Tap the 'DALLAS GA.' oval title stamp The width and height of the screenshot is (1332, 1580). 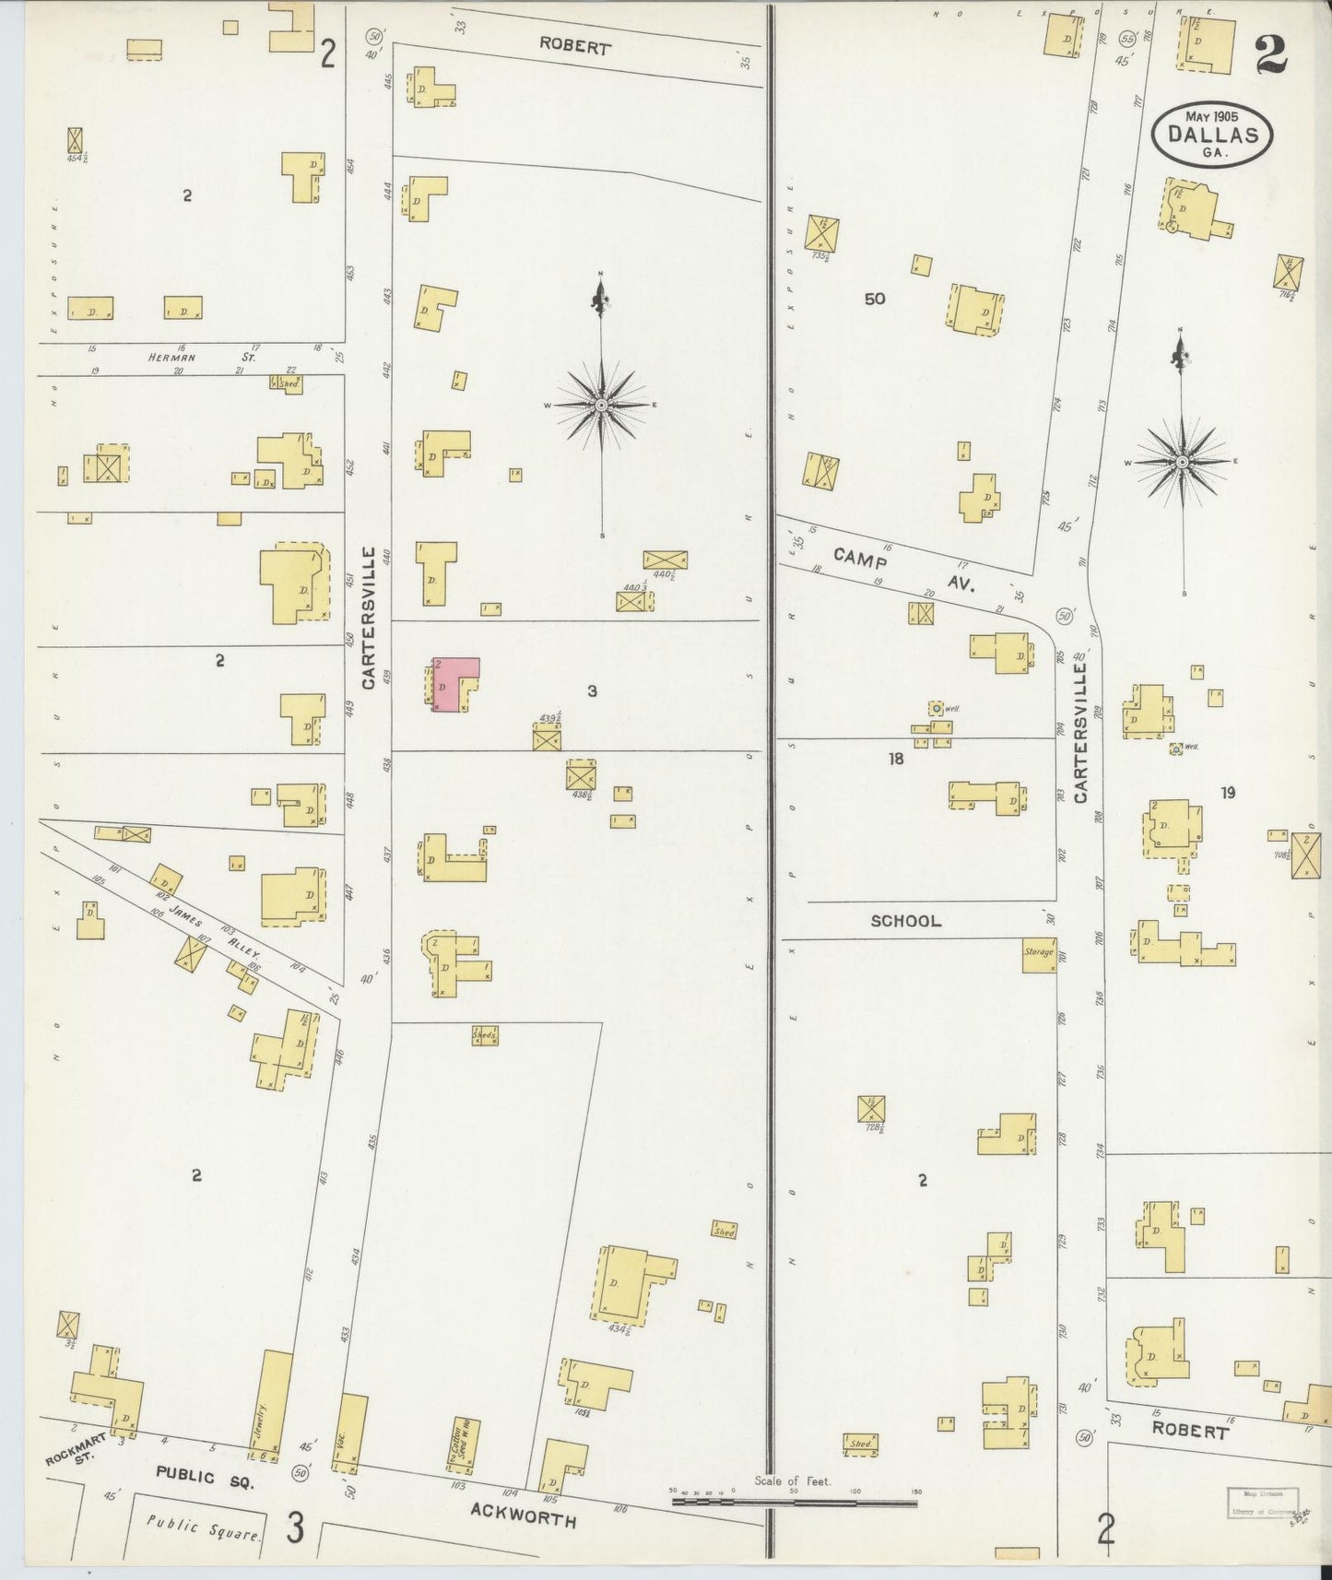coord(1212,135)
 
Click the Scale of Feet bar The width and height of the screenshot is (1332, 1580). coord(795,1502)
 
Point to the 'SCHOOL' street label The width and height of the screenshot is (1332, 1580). coord(906,921)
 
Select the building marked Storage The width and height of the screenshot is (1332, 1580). coord(1039,954)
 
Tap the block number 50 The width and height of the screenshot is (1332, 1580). coord(875,299)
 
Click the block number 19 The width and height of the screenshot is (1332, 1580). coord(1227,792)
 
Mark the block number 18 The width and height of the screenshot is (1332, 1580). coord(895,759)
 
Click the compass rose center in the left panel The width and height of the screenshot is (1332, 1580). coord(602,405)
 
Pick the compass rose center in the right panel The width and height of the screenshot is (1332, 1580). coord(1182,461)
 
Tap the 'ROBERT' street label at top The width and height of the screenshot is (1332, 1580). coord(574,46)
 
